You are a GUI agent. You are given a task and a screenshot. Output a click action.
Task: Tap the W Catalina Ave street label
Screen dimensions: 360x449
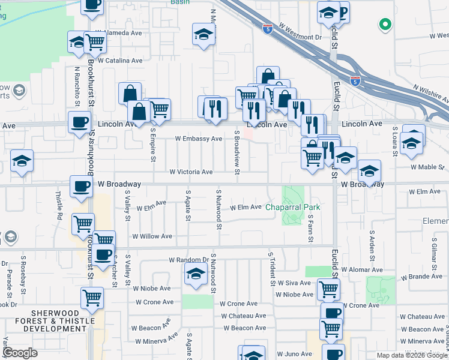tap(120, 61)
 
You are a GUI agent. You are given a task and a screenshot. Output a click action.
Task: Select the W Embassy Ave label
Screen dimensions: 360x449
tap(199, 139)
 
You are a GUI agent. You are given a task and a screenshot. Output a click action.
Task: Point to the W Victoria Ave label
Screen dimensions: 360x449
tap(191, 172)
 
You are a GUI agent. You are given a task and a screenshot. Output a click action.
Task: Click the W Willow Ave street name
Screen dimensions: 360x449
tap(152, 236)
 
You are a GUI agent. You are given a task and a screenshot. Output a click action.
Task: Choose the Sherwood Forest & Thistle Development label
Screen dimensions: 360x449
tap(55, 321)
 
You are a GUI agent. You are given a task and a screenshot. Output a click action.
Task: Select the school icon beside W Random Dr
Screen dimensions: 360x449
tap(195, 274)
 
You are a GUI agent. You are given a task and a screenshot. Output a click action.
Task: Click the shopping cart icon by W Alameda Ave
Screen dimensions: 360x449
tap(95, 41)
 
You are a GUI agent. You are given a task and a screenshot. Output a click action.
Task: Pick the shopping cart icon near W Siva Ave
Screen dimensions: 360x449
tap(328, 289)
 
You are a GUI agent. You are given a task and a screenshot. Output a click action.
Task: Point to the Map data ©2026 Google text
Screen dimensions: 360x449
tap(411, 355)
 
